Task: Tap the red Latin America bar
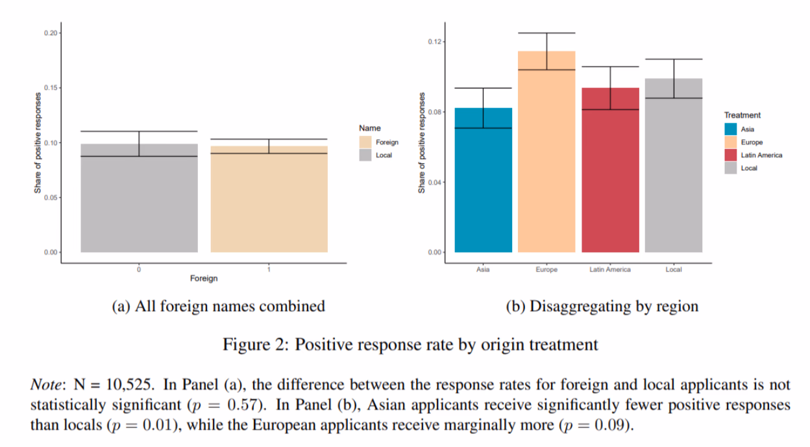[610, 175]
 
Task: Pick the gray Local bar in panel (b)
[674, 169]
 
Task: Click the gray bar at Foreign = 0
[139, 201]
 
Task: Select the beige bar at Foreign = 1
[269, 201]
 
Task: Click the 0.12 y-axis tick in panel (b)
[435, 42]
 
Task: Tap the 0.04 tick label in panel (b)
[435, 183]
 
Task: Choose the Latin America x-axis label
[609, 270]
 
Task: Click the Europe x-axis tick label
[546, 270]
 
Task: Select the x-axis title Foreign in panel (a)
[204, 279]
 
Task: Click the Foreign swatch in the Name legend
[365, 142]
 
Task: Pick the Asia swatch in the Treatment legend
[731, 129]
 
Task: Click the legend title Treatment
[742, 115]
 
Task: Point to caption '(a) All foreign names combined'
[219, 306]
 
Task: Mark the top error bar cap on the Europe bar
[546, 33]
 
